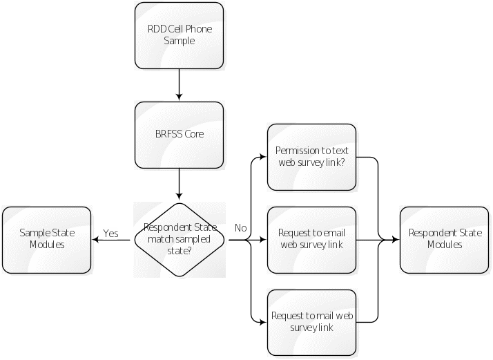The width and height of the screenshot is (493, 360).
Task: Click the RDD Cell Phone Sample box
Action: (x=179, y=35)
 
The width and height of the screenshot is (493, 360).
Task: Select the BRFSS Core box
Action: (x=179, y=135)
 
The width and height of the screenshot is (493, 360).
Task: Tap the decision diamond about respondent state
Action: (x=179, y=239)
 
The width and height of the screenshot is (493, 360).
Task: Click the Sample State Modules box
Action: (x=47, y=239)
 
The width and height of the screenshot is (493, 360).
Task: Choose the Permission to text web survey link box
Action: (x=311, y=157)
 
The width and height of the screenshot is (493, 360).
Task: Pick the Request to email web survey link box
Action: (x=311, y=239)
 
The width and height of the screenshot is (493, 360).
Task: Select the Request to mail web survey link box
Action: (x=311, y=321)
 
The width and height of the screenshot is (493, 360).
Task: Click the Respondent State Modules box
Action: (x=445, y=239)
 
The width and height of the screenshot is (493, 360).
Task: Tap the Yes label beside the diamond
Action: (x=110, y=233)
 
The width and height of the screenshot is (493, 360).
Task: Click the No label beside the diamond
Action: (x=240, y=228)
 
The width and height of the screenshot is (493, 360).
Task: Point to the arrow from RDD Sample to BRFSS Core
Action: (x=179, y=85)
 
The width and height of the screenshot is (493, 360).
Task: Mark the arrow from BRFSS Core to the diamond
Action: (x=179, y=184)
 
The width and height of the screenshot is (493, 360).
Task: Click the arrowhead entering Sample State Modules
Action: (x=97, y=240)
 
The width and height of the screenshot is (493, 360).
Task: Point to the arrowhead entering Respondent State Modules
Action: (x=396, y=240)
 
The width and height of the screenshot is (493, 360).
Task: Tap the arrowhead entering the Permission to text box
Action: (x=263, y=158)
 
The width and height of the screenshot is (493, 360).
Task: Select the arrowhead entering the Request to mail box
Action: (x=263, y=322)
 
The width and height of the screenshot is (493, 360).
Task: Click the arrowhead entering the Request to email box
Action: (x=263, y=240)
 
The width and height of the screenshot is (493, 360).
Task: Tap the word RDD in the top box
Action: (x=156, y=30)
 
